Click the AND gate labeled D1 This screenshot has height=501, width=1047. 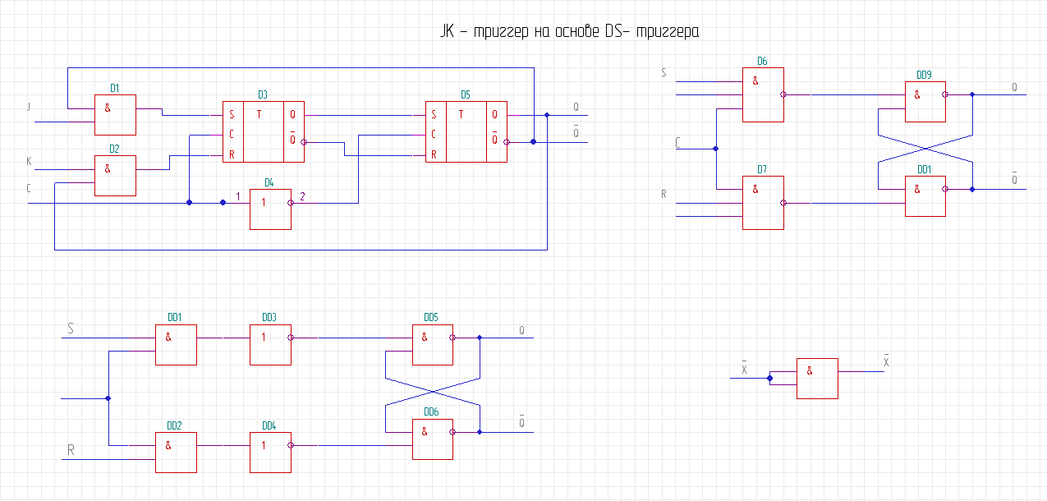(x=115, y=114)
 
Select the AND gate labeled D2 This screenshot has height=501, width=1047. (x=115, y=176)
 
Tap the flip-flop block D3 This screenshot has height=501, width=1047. (x=264, y=132)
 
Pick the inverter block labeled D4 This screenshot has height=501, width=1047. (x=270, y=209)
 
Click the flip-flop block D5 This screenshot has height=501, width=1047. (x=466, y=132)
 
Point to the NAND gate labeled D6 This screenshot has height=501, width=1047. (x=763, y=94)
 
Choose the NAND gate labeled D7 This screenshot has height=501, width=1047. (x=763, y=203)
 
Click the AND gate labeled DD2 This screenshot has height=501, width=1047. (x=176, y=452)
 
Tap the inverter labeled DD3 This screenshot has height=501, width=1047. (x=270, y=345)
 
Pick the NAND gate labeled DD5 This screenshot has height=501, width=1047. (x=432, y=345)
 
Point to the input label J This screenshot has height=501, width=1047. (x=29, y=107)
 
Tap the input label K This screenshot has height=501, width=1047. (x=29, y=162)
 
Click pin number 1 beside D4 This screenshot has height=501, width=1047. (x=238, y=196)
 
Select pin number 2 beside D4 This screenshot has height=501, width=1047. (x=301, y=196)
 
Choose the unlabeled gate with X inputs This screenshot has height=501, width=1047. (x=817, y=378)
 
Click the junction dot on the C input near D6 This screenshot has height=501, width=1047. (x=715, y=149)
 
